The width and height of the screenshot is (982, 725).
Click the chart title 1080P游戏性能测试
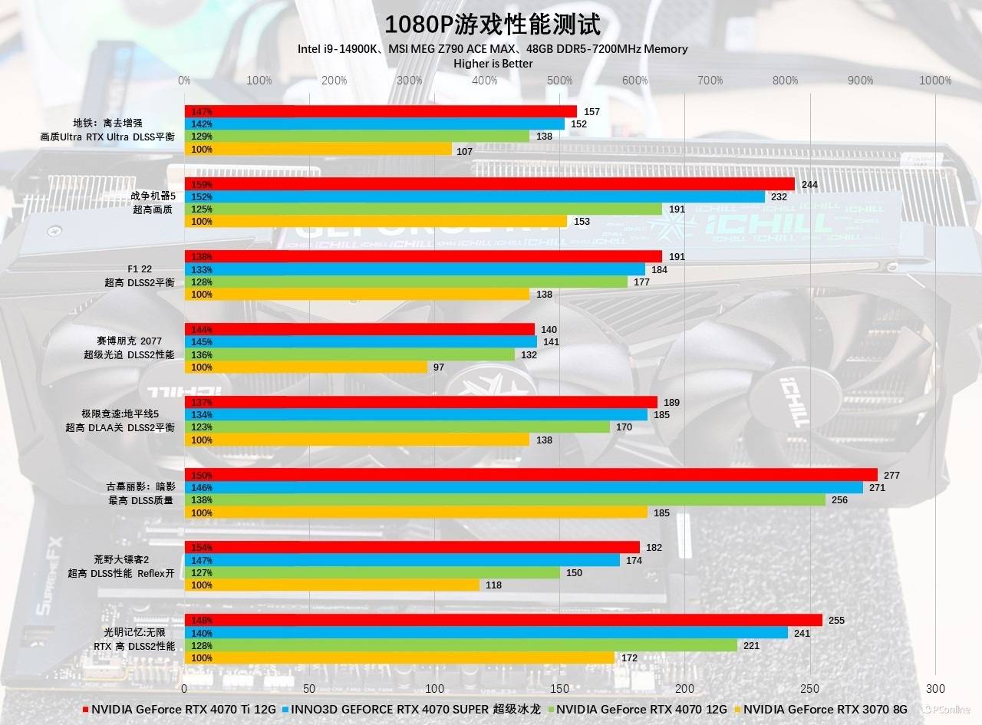[x=491, y=24]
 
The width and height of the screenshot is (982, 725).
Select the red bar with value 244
[x=489, y=184]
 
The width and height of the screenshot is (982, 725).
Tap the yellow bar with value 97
[x=305, y=367]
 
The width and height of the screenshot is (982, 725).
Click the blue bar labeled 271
[x=523, y=488]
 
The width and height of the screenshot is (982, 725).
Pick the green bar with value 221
[x=460, y=646]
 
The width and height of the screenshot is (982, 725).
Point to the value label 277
[x=891, y=476]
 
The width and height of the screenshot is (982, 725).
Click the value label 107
[x=465, y=151]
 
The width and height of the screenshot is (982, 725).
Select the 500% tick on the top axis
[x=560, y=81]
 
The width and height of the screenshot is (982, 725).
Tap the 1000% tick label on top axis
[x=935, y=81]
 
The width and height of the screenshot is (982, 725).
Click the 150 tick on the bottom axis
[x=560, y=689]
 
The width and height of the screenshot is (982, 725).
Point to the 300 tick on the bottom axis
[x=935, y=689]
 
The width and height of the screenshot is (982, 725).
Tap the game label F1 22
[x=140, y=269]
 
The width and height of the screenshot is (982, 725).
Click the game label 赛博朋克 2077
[x=129, y=341]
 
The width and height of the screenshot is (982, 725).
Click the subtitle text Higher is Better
[x=493, y=64]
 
